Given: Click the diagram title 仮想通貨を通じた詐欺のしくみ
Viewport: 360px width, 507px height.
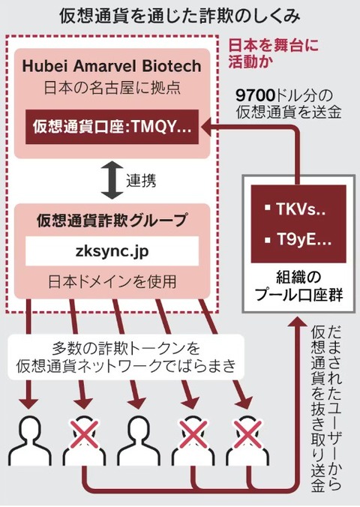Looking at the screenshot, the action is [180, 16].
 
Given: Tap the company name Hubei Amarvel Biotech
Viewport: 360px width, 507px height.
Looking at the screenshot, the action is [112, 66].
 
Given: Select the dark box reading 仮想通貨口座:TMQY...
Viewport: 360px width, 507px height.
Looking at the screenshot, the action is [112, 127].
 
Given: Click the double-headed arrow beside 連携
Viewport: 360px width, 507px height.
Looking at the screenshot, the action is [112, 181].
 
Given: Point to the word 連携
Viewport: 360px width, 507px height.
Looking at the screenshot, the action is [141, 181].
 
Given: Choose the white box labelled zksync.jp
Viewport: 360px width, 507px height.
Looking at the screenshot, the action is [112, 251].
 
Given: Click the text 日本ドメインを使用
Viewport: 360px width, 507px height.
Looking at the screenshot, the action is [112, 282].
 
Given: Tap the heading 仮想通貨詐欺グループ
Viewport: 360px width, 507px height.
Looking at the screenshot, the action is [112, 220].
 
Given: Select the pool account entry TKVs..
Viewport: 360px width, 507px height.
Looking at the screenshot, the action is [295, 209].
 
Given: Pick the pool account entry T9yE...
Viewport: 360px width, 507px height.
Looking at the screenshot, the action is [298, 240].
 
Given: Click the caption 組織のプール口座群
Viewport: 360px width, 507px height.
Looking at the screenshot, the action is [298, 286].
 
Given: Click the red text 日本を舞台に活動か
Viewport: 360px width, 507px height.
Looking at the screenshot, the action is [273, 53].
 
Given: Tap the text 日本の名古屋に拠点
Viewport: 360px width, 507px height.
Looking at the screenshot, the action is [112, 88].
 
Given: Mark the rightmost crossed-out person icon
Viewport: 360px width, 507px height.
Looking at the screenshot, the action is [247, 440].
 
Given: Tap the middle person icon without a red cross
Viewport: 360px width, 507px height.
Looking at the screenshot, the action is [139, 440].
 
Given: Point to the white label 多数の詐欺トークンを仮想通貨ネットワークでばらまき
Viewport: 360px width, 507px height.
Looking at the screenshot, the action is [125, 357].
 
